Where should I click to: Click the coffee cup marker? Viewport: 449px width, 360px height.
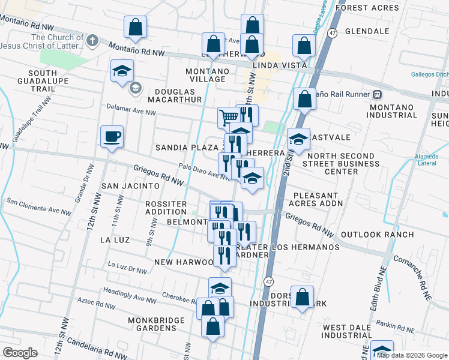coord(112,137)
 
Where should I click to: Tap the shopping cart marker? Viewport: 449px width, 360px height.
coord(229,118)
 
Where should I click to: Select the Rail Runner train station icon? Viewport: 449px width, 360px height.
coord(378,94)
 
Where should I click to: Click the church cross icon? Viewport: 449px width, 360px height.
coord(91,41)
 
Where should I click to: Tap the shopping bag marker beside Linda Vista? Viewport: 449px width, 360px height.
coord(304,46)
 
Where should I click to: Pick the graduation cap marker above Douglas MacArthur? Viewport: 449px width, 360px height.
coord(122,70)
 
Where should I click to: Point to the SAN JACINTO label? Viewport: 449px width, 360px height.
coord(125,186)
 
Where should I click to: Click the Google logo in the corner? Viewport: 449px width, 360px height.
coord(20,353)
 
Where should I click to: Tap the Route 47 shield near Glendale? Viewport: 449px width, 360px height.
coord(332,32)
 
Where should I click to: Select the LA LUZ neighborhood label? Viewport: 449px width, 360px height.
coord(115,240)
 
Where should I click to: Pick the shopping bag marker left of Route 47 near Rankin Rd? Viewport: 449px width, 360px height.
coord(302,296)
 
